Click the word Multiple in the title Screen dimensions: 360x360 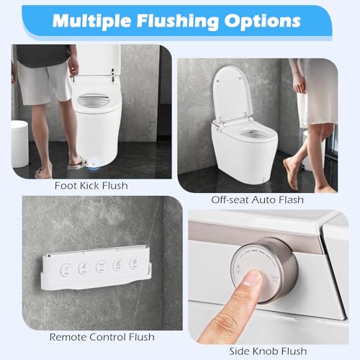91,22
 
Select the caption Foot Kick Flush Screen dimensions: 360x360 91,186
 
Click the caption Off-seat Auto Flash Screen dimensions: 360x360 257,200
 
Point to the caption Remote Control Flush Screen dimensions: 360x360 102,337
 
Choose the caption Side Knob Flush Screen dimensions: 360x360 268,351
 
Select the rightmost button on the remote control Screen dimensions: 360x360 135,263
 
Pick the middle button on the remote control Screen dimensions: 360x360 101,266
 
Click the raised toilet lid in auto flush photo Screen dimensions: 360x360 233,93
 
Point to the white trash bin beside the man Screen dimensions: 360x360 19,143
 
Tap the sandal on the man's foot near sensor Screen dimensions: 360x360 77,163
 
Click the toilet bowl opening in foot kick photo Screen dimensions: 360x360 94,99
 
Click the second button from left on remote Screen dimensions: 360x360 84,268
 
